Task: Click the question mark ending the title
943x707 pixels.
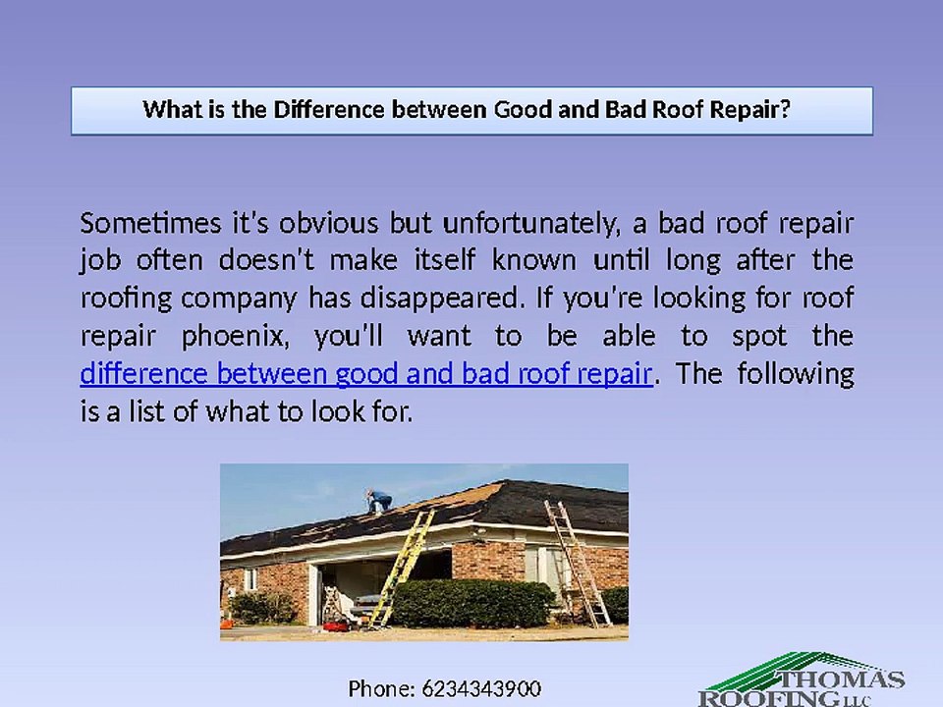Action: (784, 109)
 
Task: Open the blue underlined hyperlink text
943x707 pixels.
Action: (366, 374)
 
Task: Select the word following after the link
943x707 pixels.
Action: (797, 374)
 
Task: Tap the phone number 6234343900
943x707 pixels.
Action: (481, 688)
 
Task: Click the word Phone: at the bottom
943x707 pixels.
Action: (382, 688)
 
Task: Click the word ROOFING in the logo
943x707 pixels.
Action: (756, 698)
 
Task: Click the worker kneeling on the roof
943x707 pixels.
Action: (376, 501)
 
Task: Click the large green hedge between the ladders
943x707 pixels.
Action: (472, 601)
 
